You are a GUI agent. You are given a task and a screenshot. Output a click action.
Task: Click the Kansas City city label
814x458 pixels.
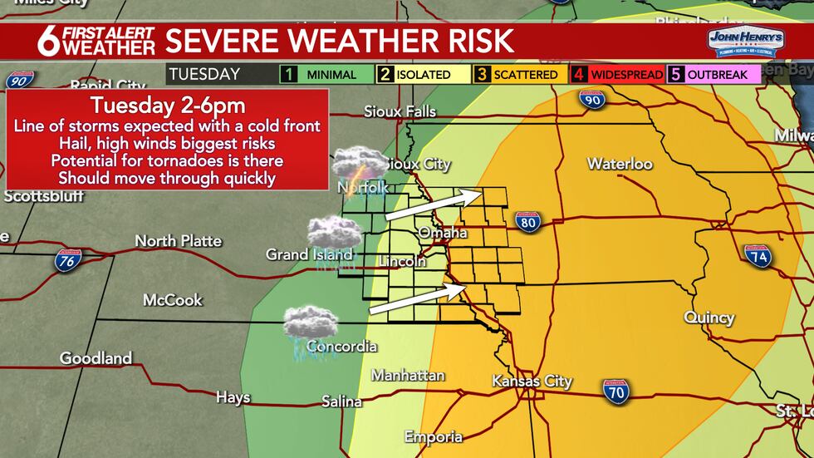coord(532,382)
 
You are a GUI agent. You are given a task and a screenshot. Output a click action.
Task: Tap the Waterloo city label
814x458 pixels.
coord(620,164)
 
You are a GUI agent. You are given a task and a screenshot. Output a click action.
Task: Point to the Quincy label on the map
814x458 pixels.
coord(709,318)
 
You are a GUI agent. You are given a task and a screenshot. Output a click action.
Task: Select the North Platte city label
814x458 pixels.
coord(179,241)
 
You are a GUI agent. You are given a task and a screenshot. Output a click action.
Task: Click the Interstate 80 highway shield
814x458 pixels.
coord(528,221)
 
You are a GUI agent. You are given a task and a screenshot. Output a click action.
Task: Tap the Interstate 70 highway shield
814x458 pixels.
coord(615,391)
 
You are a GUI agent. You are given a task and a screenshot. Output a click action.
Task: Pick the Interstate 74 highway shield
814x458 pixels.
coord(758,256)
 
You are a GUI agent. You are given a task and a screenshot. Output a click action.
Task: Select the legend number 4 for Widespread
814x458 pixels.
coord(581,75)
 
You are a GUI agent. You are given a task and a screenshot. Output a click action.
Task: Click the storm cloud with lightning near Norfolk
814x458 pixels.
coord(359,163)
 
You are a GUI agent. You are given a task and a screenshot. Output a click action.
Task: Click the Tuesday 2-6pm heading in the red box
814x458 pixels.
coord(167,106)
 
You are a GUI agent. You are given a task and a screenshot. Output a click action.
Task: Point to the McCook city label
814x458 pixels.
coord(171,300)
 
